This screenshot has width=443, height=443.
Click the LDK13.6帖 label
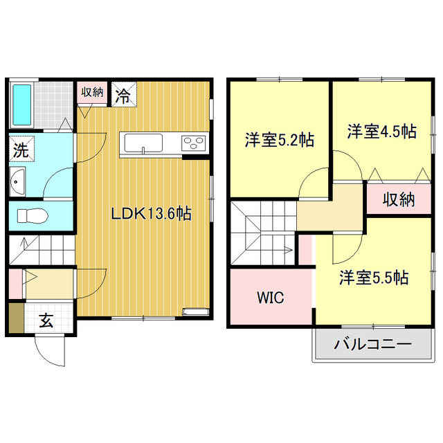click(152, 214)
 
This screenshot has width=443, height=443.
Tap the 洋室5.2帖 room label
click(279, 140)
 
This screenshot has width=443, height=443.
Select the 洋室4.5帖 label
click(381, 131)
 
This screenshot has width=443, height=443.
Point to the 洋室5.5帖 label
click(373, 278)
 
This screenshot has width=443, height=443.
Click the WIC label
click(270, 298)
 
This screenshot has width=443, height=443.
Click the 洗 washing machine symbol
click(19, 149)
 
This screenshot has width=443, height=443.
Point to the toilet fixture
click(31, 216)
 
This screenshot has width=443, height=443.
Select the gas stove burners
click(193, 143)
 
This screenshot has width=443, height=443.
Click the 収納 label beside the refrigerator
click(93, 92)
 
